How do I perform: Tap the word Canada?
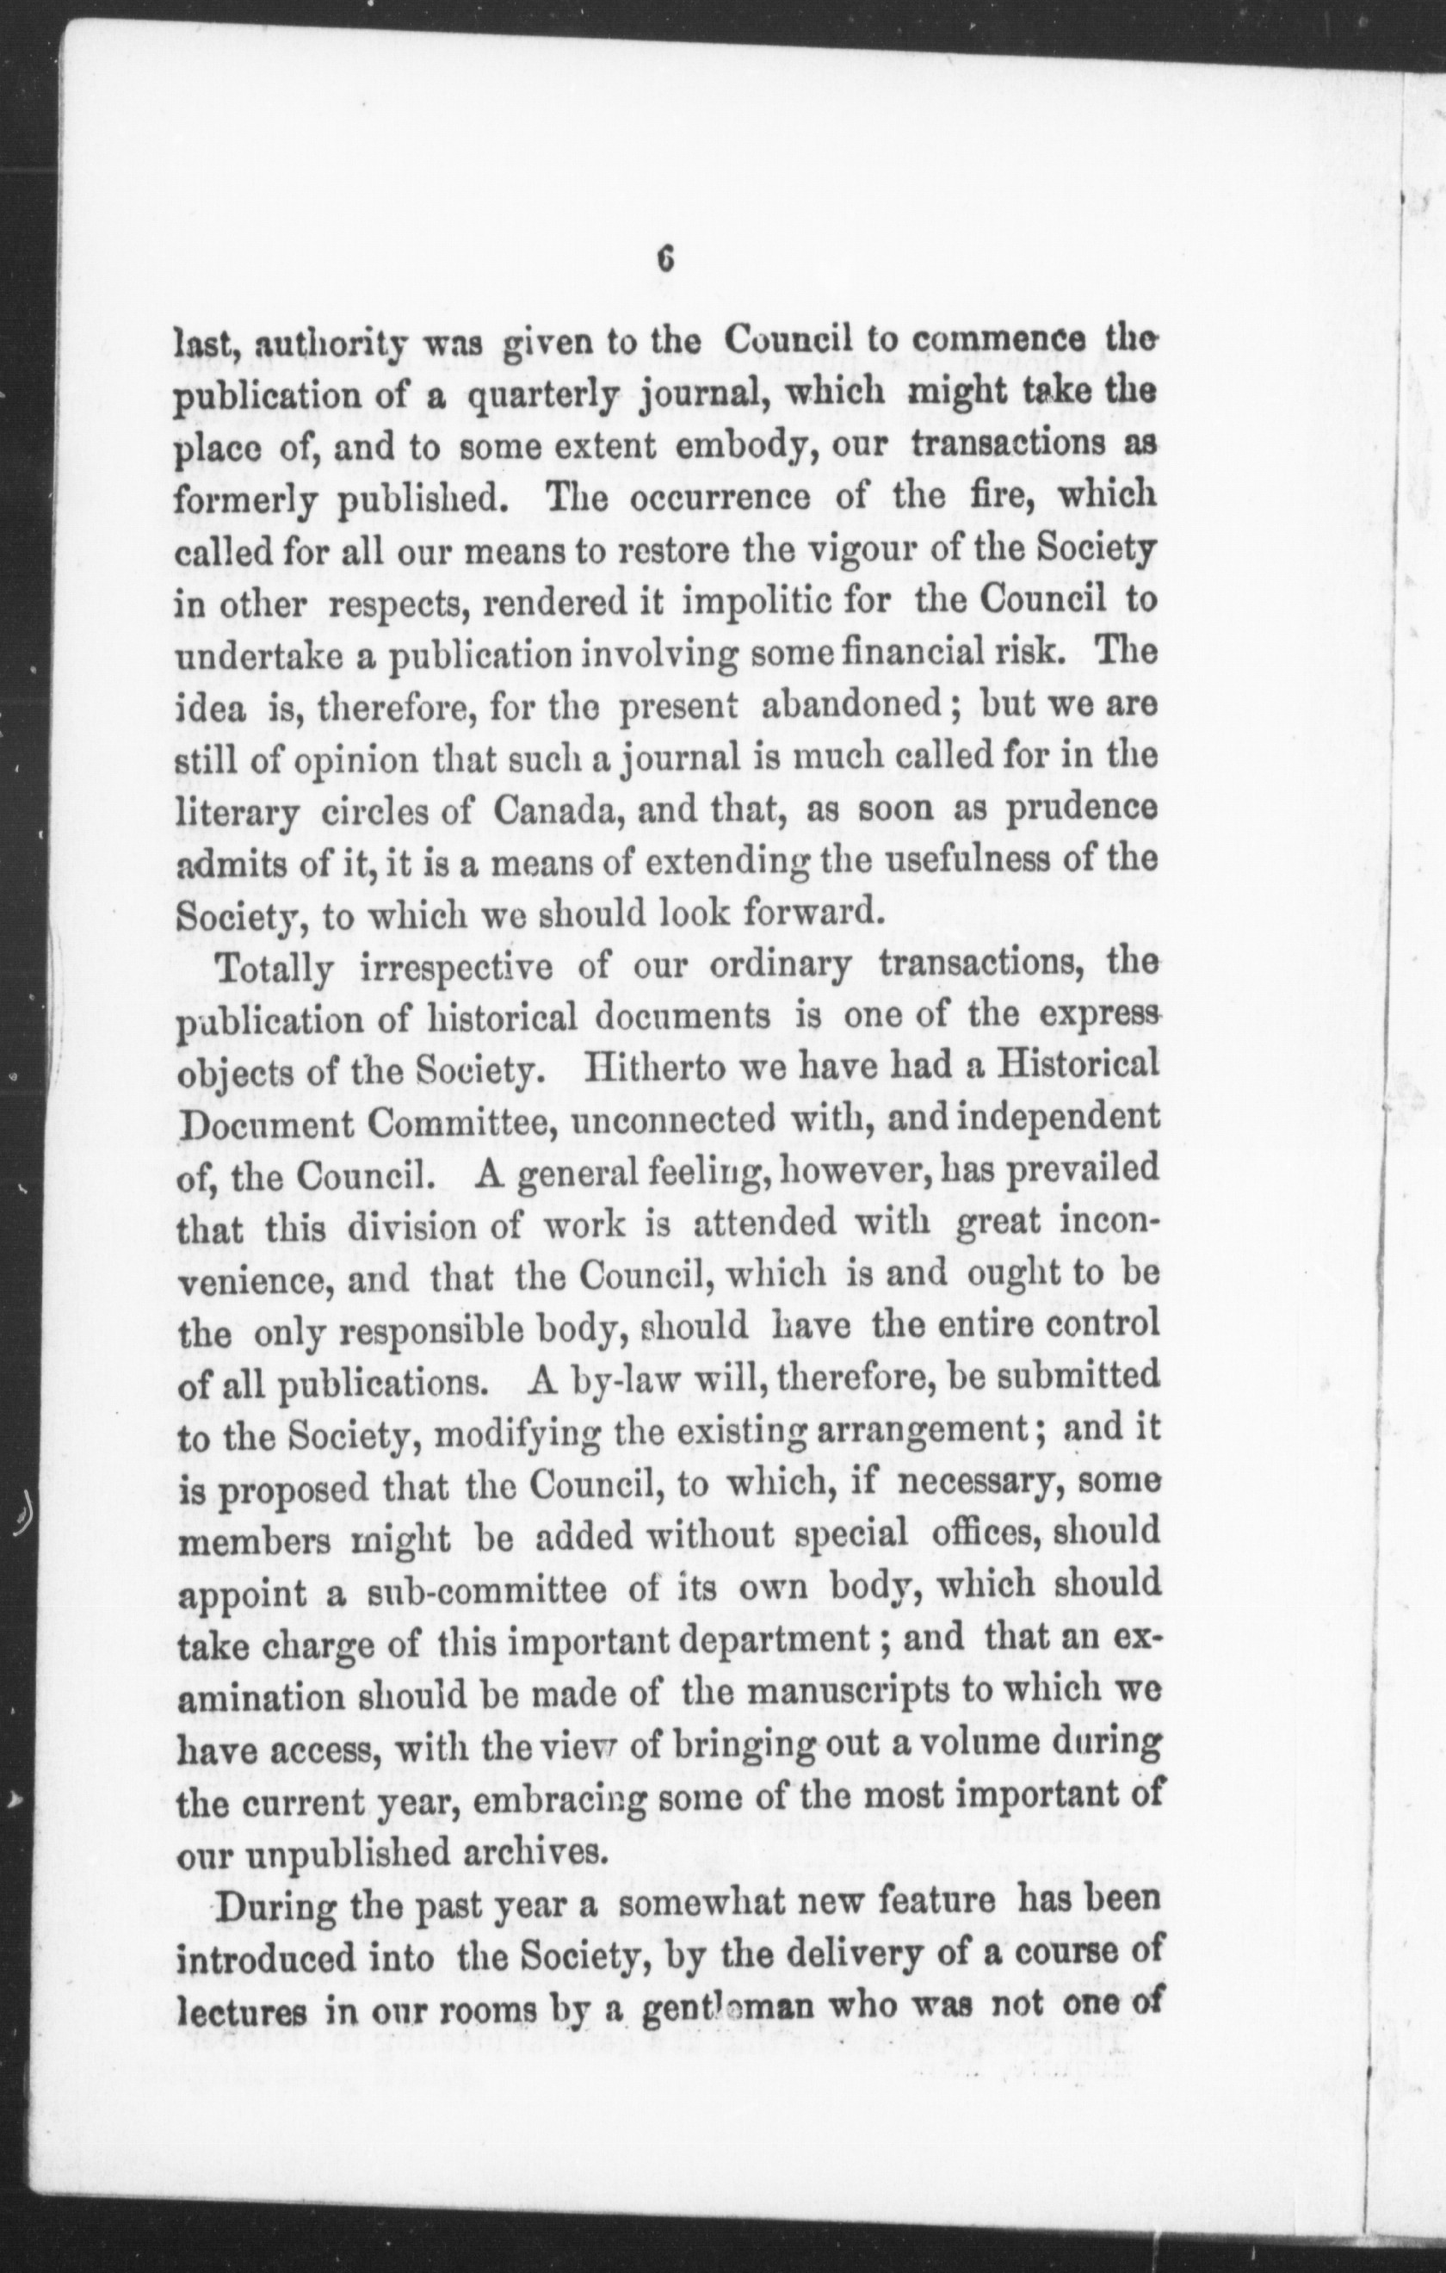coord(550,810)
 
